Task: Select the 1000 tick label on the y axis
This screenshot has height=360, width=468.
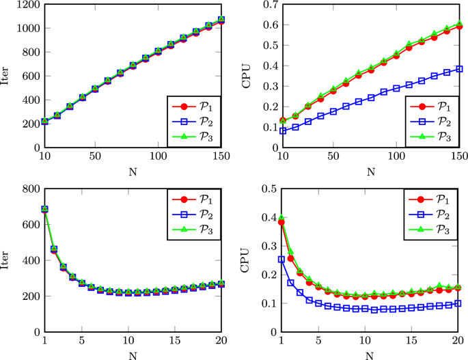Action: tap(26, 29)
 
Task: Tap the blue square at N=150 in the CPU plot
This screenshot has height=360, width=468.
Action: tap(459, 69)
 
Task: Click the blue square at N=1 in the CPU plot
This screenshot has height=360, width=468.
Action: tap(281, 260)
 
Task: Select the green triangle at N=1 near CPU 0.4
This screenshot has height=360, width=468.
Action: tap(281, 218)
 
